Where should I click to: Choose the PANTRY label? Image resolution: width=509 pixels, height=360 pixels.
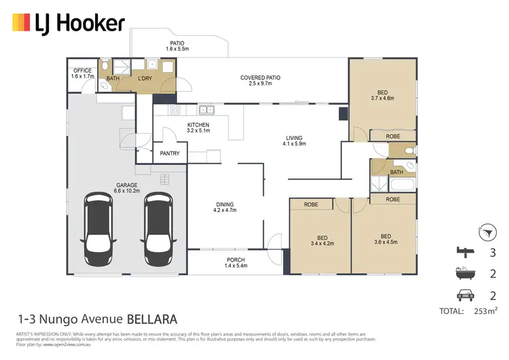click(169, 154)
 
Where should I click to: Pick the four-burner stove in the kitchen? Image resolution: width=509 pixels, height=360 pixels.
click(174, 110)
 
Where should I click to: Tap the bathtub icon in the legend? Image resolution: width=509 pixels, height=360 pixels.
click(464, 275)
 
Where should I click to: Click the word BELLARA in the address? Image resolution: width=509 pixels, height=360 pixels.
click(151, 318)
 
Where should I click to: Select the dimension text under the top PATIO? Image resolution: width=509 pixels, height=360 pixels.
click(177, 50)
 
